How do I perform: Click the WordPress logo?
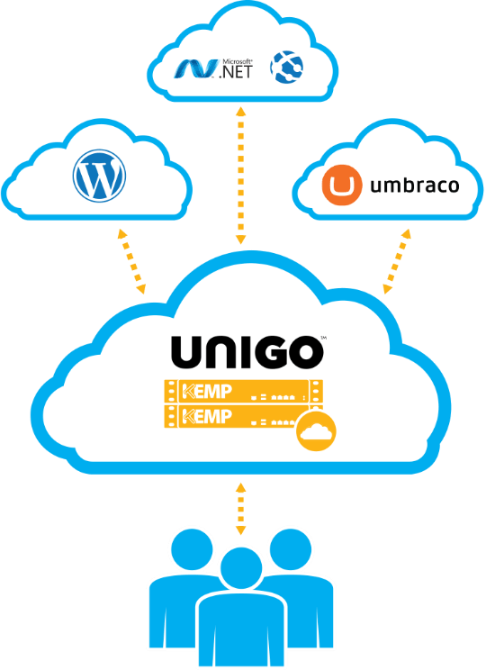coord(99,176)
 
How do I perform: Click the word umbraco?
coord(415,185)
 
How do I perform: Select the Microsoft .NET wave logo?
coord(194,68)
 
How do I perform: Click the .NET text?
coord(236,71)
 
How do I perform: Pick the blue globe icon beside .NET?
coord(286,67)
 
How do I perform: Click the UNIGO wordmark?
coord(247,352)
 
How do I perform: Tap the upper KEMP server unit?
coord(243,391)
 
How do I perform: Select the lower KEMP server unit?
coord(235,416)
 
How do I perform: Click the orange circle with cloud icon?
coord(316,431)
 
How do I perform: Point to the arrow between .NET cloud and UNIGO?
coord(241,176)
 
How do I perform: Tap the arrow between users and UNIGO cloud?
coord(241,509)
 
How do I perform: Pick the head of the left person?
coord(192,550)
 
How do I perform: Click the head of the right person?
coord(291,550)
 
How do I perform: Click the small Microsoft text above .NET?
coord(238,61)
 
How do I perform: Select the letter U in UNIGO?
coord(186,352)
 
